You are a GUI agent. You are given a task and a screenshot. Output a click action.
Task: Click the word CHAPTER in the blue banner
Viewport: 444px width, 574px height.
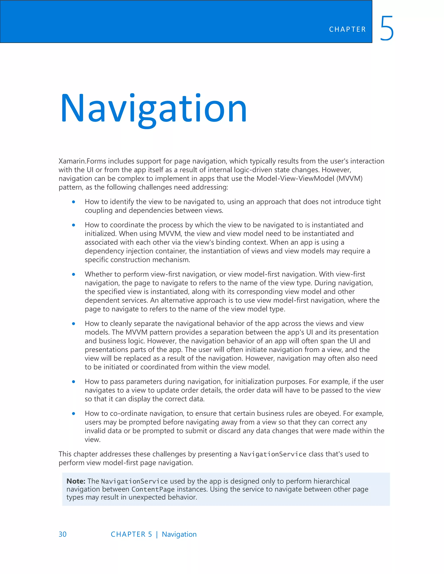(x=347, y=29)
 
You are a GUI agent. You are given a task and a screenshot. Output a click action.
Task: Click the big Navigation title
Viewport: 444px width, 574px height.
(x=154, y=109)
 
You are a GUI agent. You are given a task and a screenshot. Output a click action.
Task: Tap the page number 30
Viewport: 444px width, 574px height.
(x=63, y=534)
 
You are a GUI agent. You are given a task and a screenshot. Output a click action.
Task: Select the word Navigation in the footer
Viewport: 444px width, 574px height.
(x=179, y=534)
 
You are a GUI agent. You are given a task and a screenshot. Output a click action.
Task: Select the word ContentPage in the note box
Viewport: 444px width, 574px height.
(x=153, y=489)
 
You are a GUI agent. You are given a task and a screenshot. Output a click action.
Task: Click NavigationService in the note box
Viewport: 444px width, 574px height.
(x=134, y=482)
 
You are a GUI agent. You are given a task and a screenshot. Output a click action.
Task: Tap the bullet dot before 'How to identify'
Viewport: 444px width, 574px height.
(x=74, y=202)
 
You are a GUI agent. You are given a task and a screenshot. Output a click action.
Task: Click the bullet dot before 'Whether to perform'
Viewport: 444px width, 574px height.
(x=74, y=274)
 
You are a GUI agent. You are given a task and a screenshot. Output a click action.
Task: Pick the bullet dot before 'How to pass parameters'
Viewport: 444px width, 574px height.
(x=74, y=382)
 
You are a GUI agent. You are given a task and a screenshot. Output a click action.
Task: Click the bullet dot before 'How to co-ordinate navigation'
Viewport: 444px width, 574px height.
(x=74, y=413)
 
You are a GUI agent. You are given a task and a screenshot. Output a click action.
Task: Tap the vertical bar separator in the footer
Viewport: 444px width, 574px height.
(x=157, y=535)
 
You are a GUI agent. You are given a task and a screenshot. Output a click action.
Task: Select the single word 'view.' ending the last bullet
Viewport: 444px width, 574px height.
(x=93, y=439)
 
